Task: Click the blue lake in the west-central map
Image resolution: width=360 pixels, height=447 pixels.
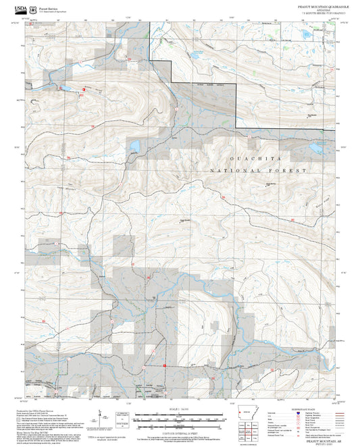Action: coord(134,147)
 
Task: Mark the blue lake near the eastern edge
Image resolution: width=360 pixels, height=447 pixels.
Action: coord(315,147)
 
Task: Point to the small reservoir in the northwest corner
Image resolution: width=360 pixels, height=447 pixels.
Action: coord(66,88)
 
